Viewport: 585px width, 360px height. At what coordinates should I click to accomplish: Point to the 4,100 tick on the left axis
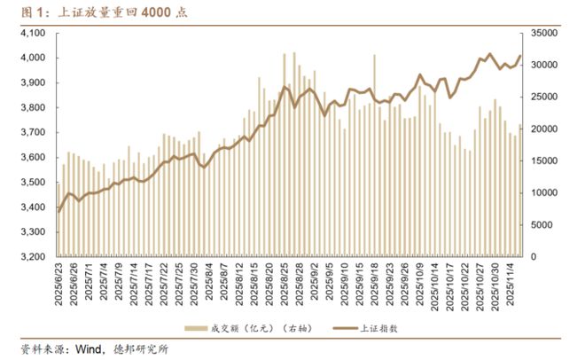pyautogui.click(x=31, y=33)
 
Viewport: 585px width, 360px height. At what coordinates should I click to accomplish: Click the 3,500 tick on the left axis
pyautogui.click(x=31, y=182)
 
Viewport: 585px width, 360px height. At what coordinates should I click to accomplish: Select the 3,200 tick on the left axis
pyautogui.click(x=31, y=257)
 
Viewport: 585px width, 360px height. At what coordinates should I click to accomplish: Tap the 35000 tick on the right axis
pyautogui.click(x=543, y=33)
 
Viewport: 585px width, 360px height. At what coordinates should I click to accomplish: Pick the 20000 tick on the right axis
pyautogui.click(x=543, y=129)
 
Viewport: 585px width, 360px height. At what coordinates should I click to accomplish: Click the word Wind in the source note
pyautogui.click(x=84, y=349)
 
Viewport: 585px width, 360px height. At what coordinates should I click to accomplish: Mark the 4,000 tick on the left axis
pyautogui.click(x=31, y=58)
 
